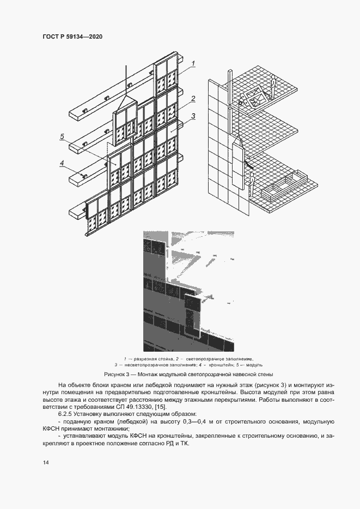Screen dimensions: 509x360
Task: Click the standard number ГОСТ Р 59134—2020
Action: click(x=72, y=37)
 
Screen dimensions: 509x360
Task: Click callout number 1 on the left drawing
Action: click(x=193, y=64)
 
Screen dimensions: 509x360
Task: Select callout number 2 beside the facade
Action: click(x=193, y=99)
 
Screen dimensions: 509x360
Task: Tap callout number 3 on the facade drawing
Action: click(x=193, y=115)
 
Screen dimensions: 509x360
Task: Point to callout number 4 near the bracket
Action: click(x=63, y=162)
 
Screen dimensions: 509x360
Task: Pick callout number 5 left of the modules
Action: click(x=63, y=136)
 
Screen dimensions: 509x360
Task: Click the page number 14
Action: click(x=45, y=462)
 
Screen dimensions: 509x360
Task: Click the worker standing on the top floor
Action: click(x=273, y=84)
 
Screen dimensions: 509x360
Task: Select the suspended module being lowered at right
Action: click(x=237, y=163)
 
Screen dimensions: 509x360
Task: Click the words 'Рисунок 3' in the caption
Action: click(x=117, y=375)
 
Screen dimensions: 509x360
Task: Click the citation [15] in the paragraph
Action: click(x=162, y=407)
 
